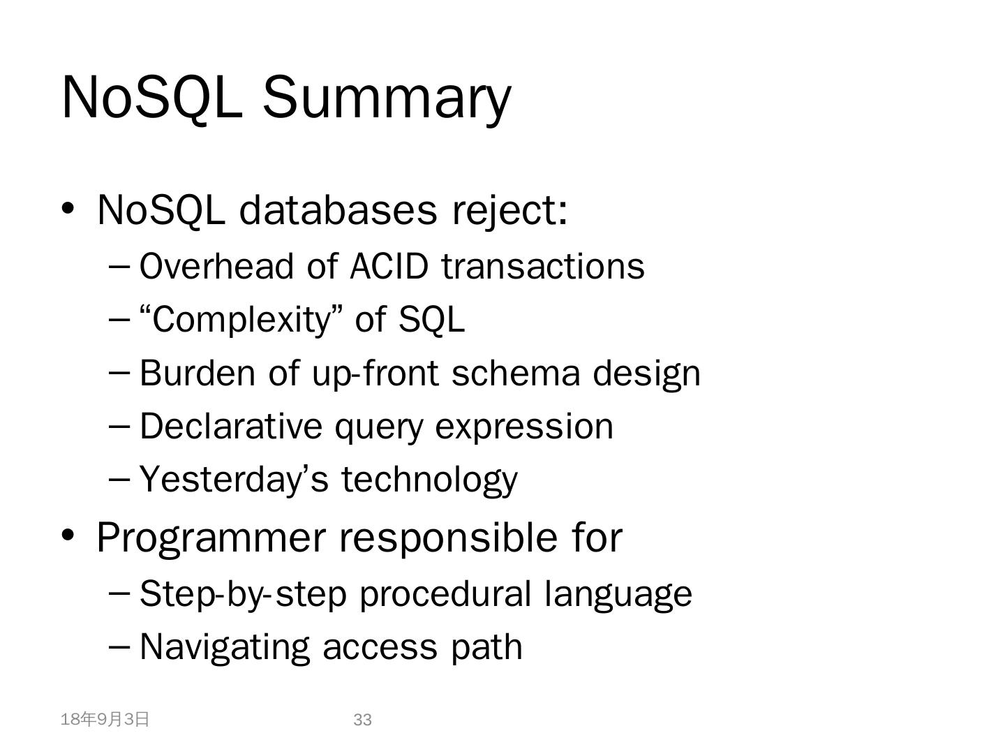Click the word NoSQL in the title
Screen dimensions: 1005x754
point(152,97)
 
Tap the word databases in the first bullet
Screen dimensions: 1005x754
point(338,210)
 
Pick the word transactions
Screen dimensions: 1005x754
point(543,267)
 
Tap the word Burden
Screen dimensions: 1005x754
point(197,373)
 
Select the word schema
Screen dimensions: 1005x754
point(516,373)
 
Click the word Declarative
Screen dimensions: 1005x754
point(231,427)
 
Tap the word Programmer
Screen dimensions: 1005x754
point(211,539)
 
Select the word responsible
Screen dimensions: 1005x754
point(448,539)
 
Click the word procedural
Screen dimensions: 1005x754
point(445,595)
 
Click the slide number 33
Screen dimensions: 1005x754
point(362,720)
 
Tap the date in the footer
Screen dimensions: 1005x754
point(105,720)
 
